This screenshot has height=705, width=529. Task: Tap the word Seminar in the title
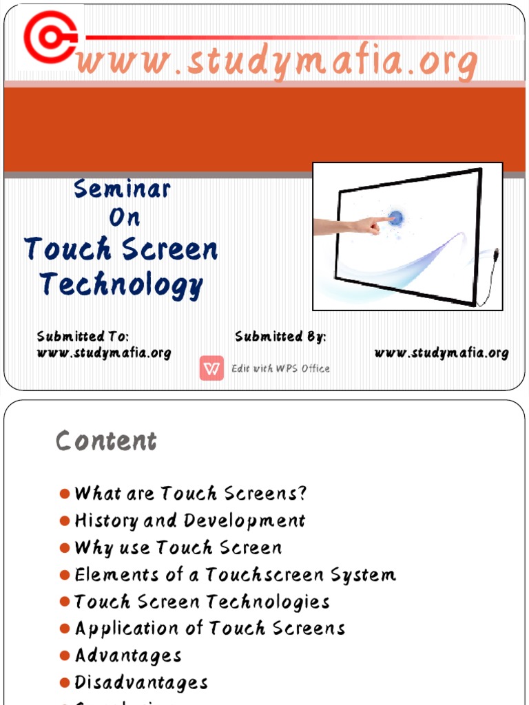point(122,189)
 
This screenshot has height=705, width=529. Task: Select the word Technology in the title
point(121,284)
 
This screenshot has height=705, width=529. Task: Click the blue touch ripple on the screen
point(395,219)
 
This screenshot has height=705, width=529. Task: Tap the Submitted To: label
point(83,337)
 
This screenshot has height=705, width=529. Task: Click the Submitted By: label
point(280,337)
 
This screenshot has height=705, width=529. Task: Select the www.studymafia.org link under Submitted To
point(103,353)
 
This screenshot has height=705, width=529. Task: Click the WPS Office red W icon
point(212,368)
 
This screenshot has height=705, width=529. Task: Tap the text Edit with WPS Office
point(280,369)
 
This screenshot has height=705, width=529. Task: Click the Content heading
point(106,441)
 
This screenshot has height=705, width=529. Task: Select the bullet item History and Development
point(189,520)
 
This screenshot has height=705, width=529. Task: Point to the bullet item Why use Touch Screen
point(178,548)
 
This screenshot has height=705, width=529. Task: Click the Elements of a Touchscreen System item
point(235,575)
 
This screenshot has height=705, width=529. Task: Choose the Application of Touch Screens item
point(209,629)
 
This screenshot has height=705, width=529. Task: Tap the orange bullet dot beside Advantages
point(65,656)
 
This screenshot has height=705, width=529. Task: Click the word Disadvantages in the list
point(141,683)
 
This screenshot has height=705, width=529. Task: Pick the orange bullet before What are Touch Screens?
point(65,494)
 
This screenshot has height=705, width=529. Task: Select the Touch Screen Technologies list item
point(202,602)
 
